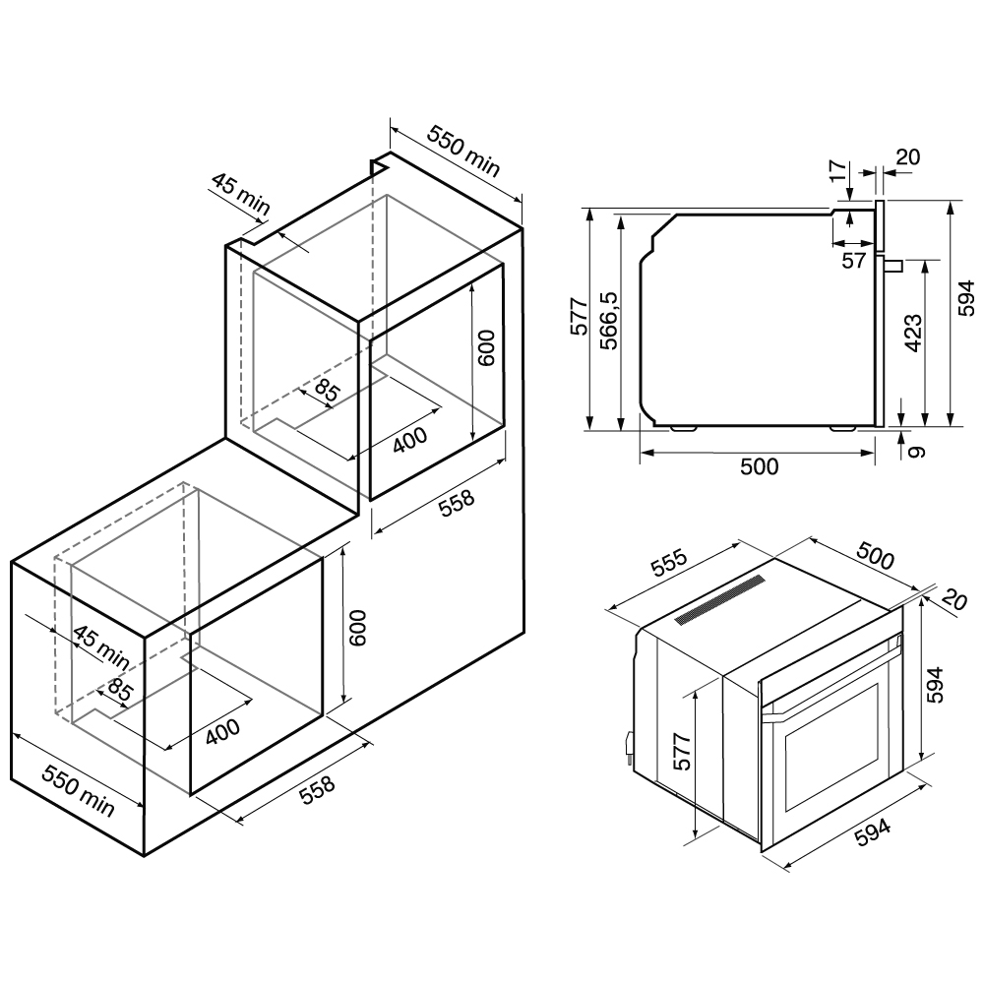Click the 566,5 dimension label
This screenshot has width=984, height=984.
[609, 320]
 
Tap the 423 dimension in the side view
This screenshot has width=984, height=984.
[912, 334]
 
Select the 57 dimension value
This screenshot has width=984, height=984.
[853, 261]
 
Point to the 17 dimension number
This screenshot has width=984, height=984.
[837, 170]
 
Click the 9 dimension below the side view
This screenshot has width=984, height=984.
[917, 451]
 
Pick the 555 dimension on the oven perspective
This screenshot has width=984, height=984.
[669, 563]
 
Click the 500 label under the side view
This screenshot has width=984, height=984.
[760, 466]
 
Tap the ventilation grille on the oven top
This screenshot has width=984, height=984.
[719, 600]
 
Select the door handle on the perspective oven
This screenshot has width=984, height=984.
[830, 678]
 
